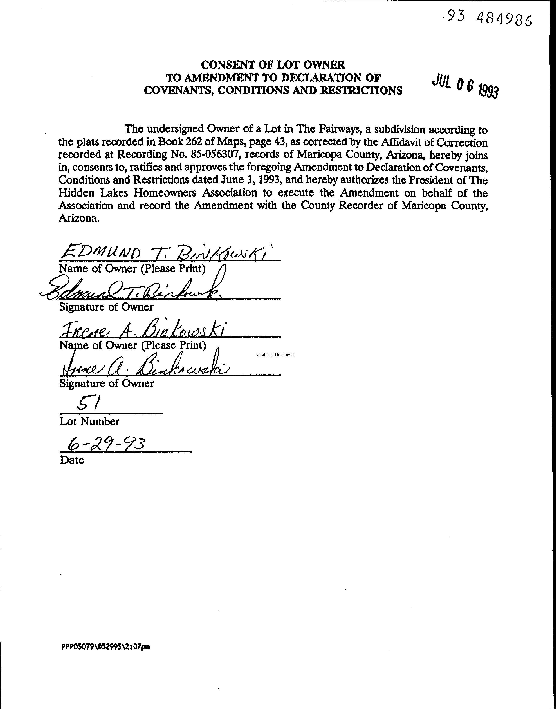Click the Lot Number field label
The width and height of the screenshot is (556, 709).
click(x=89, y=422)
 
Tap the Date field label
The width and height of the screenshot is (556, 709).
click(x=72, y=460)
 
